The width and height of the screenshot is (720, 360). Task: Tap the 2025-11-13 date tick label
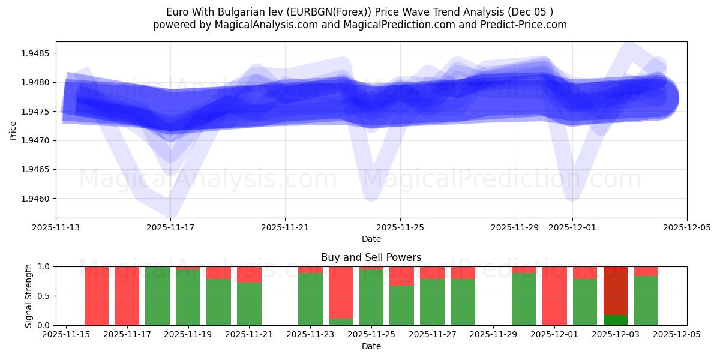click(x=56, y=227)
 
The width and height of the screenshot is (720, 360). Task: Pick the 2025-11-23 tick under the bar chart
click(x=310, y=335)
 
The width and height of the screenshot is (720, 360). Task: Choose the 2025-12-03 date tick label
click(x=616, y=335)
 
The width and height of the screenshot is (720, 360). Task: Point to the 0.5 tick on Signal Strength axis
click(x=44, y=296)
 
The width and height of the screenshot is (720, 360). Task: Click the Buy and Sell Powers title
click(x=371, y=257)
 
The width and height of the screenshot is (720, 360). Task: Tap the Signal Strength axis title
click(x=29, y=296)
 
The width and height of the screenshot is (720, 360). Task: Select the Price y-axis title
click(x=13, y=130)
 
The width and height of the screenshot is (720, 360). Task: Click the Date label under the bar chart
click(x=371, y=346)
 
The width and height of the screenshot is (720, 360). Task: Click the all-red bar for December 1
click(x=554, y=296)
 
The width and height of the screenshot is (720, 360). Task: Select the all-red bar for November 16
click(x=97, y=296)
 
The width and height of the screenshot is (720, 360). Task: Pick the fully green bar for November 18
click(x=157, y=296)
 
